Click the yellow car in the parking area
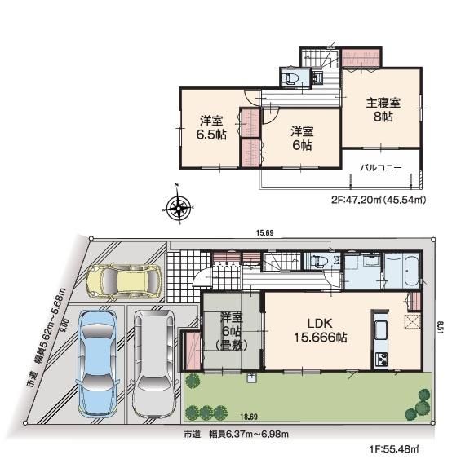click(x=123, y=281)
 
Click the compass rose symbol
click(x=179, y=206)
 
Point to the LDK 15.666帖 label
click(x=320, y=330)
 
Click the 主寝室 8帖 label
click(x=383, y=109)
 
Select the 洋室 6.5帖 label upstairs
click(x=211, y=128)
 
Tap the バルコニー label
click(x=380, y=167)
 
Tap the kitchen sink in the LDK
click(x=380, y=330)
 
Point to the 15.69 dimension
click(x=264, y=233)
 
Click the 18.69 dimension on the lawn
click(x=249, y=417)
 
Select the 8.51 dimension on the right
click(x=439, y=328)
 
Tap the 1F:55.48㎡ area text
click(x=394, y=448)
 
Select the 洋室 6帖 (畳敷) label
click(x=231, y=331)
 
